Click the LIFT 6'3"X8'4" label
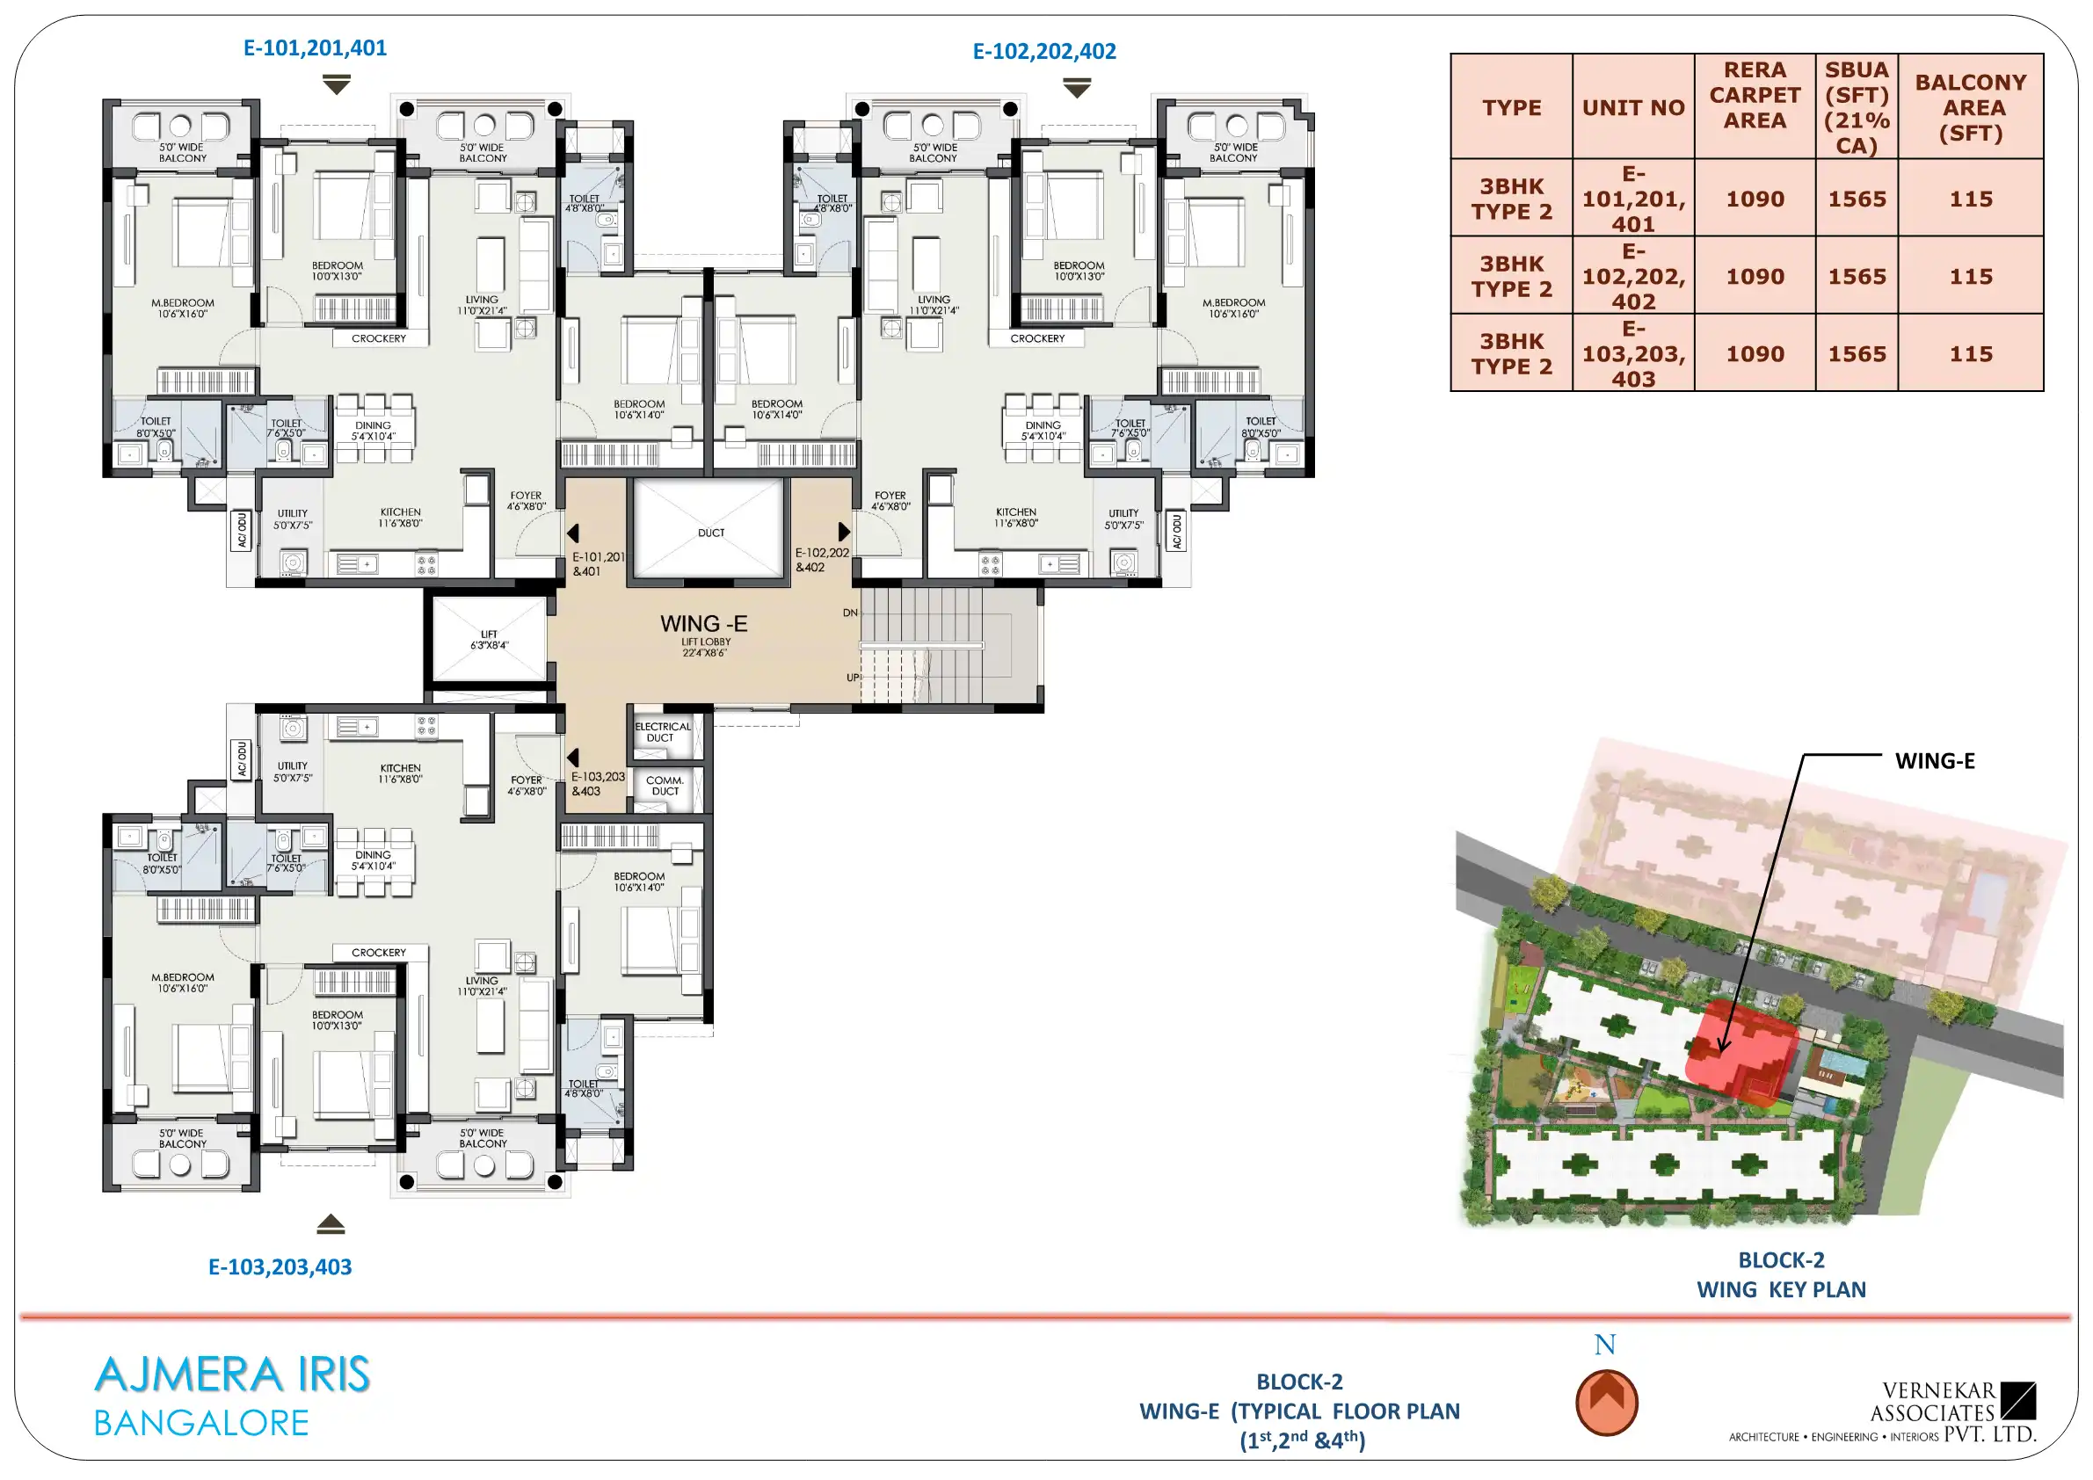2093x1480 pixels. pyautogui.click(x=490, y=640)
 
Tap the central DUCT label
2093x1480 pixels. pyautogui.click(x=711, y=533)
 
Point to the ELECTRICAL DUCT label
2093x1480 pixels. pyautogui.click(x=663, y=733)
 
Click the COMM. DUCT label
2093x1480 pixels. pyautogui.click(x=665, y=786)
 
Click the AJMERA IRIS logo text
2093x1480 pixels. pyautogui.click(x=231, y=1375)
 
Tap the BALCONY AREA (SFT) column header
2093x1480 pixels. pyautogui.click(x=1970, y=107)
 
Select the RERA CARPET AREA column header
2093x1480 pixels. pyautogui.click(x=1754, y=95)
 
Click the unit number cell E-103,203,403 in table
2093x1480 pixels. pyautogui.click(x=1632, y=353)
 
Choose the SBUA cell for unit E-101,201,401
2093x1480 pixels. pyautogui.click(x=1856, y=199)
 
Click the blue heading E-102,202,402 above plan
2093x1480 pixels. pyautogui.click(x=1043, y=51)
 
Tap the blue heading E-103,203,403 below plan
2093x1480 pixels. pyautogui.click(x=280, y=1266)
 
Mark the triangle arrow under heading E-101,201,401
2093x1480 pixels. pyautogui.click(x=337, y=84)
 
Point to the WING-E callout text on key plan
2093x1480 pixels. pyautogui.click(x=1935, y=761)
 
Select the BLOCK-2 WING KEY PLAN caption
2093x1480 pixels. pyautogui.click(x=1780, y=1275)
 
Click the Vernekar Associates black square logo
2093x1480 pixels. pyautogui.click(x=2018, y=1401)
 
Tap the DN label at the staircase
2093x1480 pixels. pyautogui.click(x=850, y=613)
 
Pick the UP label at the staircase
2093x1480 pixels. pyautogui.click(x=853, y=678)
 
